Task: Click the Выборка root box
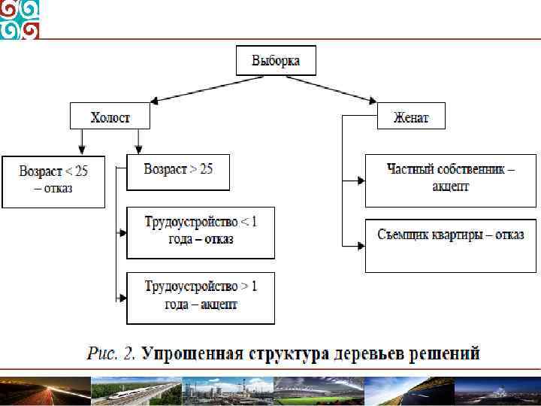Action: (x=276, y=60)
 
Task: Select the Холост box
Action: (x=110, y=117)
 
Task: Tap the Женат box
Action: (x=411, y=117)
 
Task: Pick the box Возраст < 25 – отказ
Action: (x=53, y=181)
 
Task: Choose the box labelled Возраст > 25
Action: (x=178, y=169)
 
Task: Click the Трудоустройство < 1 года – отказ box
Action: (x=201, y=232)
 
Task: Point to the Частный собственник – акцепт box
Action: (x=451, y=180)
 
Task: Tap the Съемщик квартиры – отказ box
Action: (x=451, y=244)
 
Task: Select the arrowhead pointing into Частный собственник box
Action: (x=361, y=180)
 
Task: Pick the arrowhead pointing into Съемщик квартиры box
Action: (x=361, y=245)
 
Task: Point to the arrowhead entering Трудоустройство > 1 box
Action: (x=122, y=298)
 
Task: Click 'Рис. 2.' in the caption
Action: (x=110, y=353)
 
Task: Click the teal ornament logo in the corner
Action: (x=20, y=20)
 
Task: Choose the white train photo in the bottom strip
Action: (x=135, y=392)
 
